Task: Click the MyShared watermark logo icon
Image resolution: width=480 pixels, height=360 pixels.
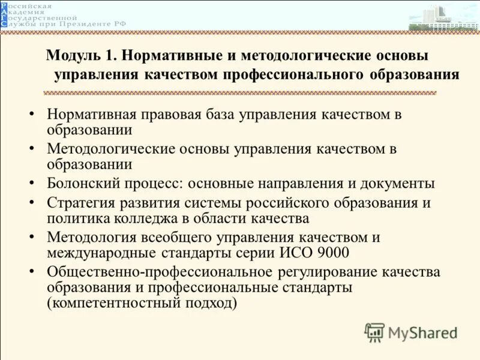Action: point(374,332)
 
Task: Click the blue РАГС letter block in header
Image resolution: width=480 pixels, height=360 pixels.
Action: point(5,17)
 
